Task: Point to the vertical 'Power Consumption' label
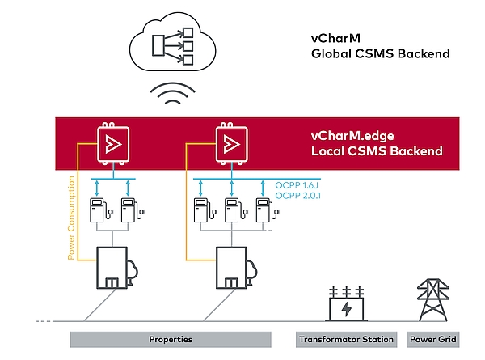(x=71, y=218)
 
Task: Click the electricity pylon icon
(x=433, y=302)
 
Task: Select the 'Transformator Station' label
(x=346, y=339)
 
